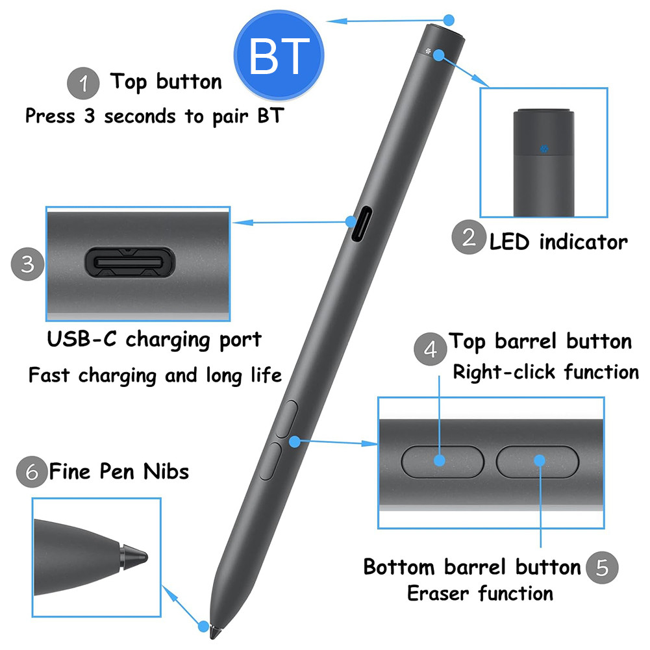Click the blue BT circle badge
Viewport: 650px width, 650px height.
pyautogui.click(x=278, y=56)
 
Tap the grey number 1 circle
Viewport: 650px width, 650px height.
pyautogui.click(x=83, y=84)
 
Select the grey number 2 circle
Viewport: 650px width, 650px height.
pyautogui.click(x=468, y=238)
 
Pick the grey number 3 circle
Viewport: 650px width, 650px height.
pyautogui.click(x=27, y=264)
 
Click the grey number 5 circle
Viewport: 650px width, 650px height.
pyautogui.click(x=602, y=568)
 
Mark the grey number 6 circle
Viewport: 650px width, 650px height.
pyautogui.click(x=32, y=471)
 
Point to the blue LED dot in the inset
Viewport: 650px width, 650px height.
pyautogui.click(x=544, y=149)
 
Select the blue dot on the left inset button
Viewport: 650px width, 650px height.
pyautogui.click(x=440, y=460)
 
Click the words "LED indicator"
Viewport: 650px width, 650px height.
pyautogui.click(x=558, y=242)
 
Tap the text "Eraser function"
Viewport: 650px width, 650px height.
pyautogui.click(x=480, y=593)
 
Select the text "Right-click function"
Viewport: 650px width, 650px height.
pyautogui.click(x=545, y=372)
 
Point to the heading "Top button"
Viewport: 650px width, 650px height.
pyautogui.click(x=166, y=82)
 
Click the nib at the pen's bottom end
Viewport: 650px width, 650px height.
pyautogui.click(x=205, y=627)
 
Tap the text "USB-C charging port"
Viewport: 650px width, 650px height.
pyautogui.click(x=154, y=340)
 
